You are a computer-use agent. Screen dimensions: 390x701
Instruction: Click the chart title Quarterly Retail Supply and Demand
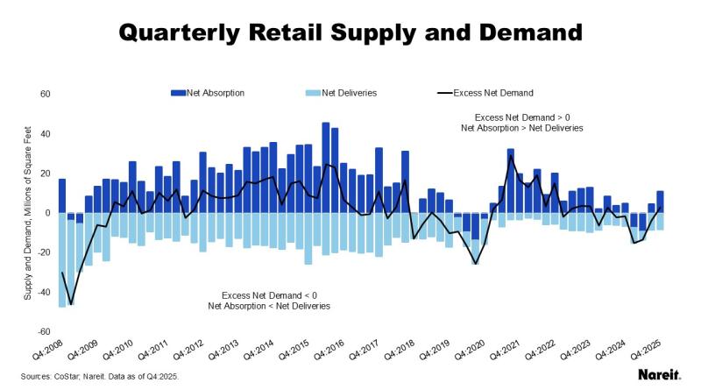pos(350,33)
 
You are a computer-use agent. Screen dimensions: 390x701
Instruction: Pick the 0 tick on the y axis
pos(49,213)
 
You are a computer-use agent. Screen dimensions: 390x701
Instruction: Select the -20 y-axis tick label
pos(45,252)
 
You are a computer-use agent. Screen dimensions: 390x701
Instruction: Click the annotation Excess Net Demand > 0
pos(521,117)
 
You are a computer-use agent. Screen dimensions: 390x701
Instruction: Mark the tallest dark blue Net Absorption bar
pos(326,167)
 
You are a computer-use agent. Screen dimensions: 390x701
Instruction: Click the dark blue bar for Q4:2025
pos(660,202)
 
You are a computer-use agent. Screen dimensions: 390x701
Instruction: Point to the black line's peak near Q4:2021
pos(511,156)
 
